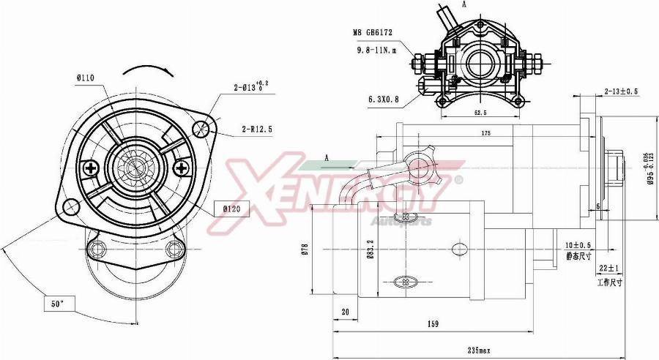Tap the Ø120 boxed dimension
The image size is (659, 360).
tap(234, 209)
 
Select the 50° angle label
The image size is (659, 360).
tap(56, 302)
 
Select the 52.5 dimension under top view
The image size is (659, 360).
tap(480, 113)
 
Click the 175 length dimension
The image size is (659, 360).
tap(485, 133)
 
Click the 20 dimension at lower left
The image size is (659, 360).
tap(344, 311)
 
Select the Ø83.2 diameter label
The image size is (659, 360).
tap(371, 251)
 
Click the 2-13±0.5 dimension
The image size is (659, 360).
tap(622, 91)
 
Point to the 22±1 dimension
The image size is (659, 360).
tap(608, 268)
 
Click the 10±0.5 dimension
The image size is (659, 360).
tap(578, 245)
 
